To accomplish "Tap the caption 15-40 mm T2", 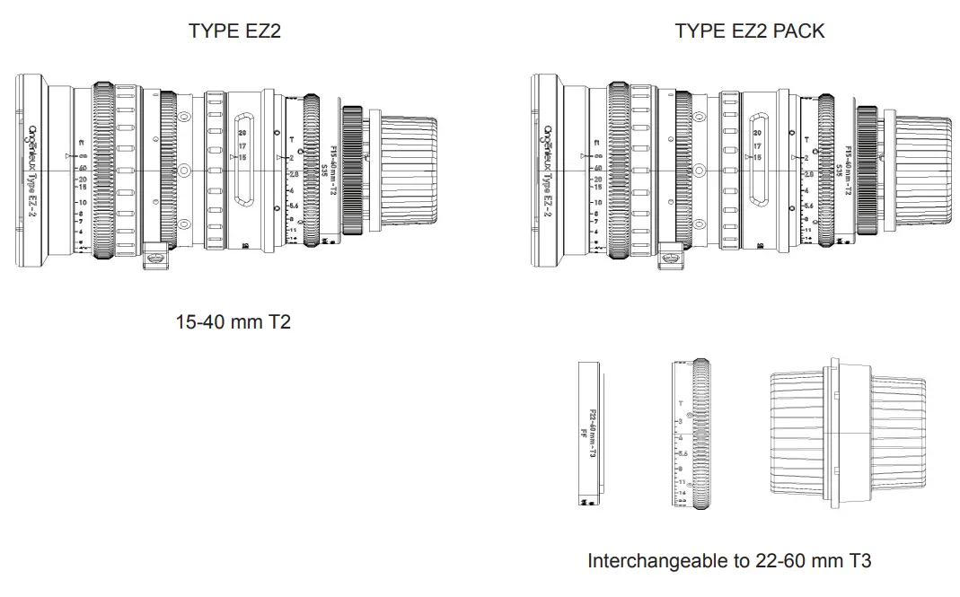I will [x=233, y=320].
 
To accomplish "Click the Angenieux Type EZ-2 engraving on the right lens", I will [x=550, y=171].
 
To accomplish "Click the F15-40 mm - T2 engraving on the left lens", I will [x=334, y=171].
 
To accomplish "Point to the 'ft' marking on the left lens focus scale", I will [x=80, y=142].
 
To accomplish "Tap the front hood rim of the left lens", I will [x=31, y=171].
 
